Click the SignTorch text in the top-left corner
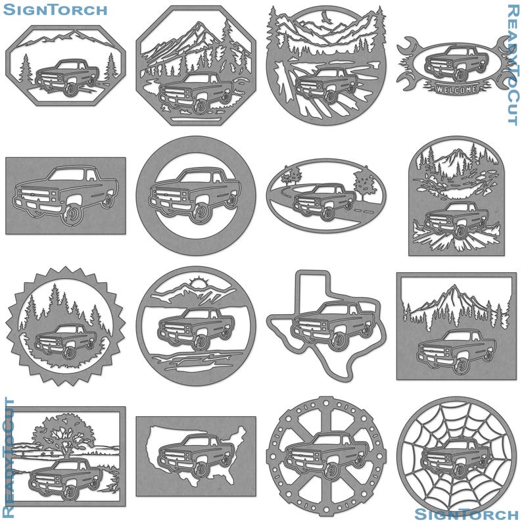[55, 10]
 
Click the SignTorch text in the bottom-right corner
[466, 513]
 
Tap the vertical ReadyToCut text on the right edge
[513, 64]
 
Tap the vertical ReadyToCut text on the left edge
[9, 458]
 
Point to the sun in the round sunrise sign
[197, 285]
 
